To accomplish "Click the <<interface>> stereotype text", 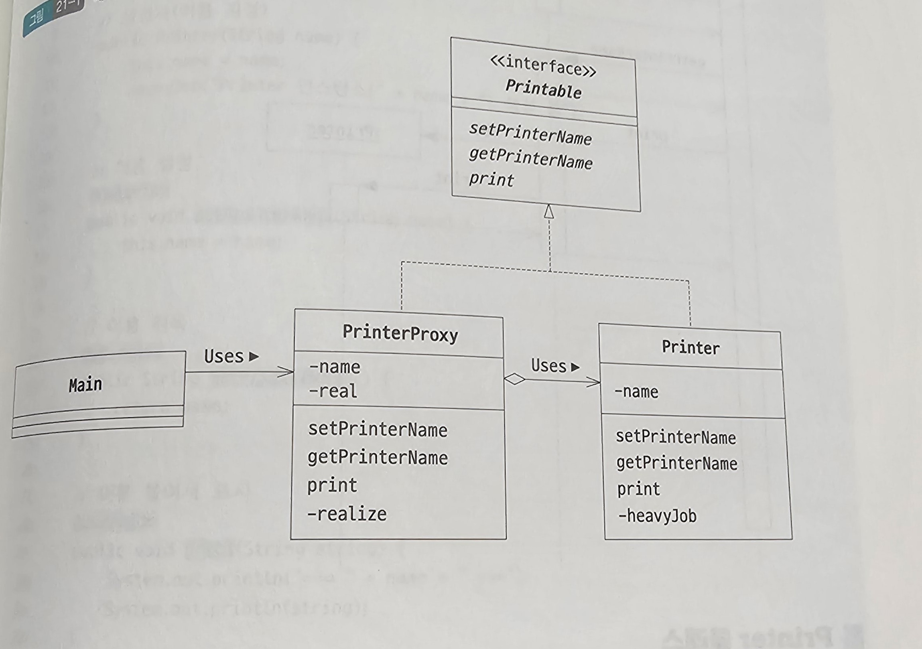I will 543,66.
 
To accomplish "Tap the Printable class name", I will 543,89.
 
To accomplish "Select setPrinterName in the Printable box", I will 530,134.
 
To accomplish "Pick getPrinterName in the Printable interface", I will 530,158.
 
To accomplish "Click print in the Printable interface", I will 491,179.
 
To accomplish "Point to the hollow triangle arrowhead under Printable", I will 549,211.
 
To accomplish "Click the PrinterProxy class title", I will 400,333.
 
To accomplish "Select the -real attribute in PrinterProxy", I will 333,391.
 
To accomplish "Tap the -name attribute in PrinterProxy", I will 335,367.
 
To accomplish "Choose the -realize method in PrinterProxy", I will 347,514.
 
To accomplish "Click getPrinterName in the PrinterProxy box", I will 378,458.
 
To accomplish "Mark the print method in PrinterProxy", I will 332,485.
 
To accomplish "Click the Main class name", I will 85,385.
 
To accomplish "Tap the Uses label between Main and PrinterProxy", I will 224,357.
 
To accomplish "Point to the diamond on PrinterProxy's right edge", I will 514,379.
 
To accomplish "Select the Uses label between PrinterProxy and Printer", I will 548,366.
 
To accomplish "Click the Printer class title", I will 690,347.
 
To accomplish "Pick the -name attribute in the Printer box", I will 636,392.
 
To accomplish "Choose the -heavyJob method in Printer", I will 657,516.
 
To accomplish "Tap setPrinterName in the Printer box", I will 676,437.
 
